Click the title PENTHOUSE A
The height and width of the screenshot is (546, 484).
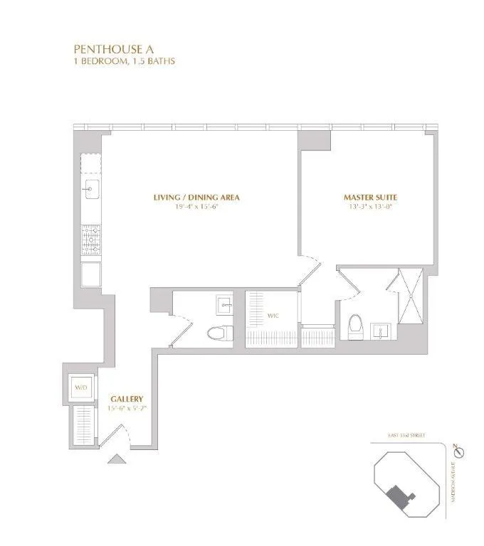110,49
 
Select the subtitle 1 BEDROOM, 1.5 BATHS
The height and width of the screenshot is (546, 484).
125,61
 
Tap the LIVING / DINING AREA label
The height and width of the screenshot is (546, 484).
196,197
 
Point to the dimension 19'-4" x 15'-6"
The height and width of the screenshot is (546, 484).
196,207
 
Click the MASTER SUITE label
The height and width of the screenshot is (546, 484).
370,197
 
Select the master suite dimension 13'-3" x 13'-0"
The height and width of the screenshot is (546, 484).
370,207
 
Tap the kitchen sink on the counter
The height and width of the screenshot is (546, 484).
91,188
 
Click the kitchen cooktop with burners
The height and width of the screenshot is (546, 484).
91,240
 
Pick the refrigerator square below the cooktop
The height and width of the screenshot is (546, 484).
91,274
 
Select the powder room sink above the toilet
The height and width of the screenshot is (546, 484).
225,306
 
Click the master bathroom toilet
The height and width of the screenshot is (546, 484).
355,326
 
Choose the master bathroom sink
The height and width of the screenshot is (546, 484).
382,329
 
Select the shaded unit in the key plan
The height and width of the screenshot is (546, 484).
399,495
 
